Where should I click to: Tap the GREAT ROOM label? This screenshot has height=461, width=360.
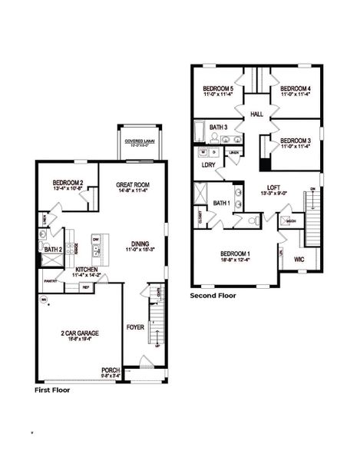click(x=132, y=185)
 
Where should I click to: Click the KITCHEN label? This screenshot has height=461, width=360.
click(x=86, y=269)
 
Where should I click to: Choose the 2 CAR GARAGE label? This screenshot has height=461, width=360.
click(x=80, y=333)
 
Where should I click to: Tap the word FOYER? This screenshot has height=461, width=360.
click(x=135, y=327)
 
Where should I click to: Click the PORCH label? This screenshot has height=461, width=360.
click(x=111, y=370)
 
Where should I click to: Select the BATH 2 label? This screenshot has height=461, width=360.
click(x=52, y=250)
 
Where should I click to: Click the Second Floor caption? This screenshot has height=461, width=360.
click(x=213, y=295)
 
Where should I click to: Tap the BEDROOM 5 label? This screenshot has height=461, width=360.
click(x=218, y=90)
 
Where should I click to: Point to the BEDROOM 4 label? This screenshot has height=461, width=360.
click(x=296, y=90)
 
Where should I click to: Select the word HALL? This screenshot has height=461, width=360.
click(x=257, y=114)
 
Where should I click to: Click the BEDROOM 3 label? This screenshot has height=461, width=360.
click(x=296, y=141)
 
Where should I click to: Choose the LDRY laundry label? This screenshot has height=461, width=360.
click(x=208, y=164)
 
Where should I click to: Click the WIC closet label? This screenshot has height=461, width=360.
click(x=299, y=259)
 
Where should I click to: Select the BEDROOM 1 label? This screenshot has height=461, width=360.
click(x=236, y=253)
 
